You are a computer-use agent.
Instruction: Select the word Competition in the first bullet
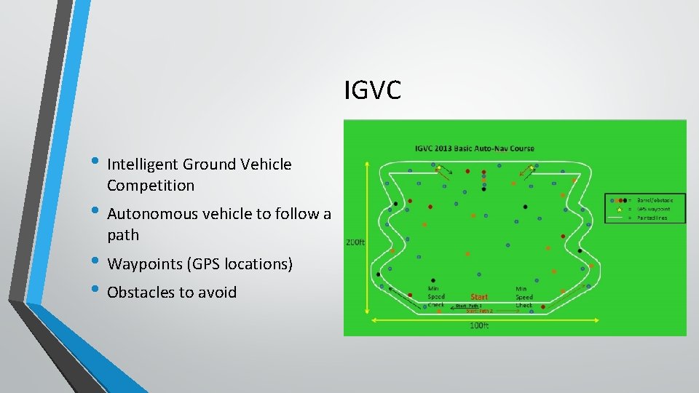(151, 186)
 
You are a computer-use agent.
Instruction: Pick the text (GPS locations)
(240, 264)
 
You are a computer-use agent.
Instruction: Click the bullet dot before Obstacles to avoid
(96, 292)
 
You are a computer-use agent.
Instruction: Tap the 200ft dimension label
(355, 242)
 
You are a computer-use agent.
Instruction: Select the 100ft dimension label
(478, 325)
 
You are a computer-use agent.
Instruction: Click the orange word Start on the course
(479, 297)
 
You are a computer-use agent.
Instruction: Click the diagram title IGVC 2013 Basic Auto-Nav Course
(474, 148)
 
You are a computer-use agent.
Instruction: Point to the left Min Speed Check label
(436, 296)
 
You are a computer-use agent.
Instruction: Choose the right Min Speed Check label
(524, 296)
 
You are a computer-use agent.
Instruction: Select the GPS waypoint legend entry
(654, 208)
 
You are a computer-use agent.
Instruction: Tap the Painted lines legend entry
(652, 217)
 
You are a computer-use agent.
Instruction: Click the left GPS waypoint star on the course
(439, 168)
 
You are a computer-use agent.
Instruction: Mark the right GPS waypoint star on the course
(532, 168)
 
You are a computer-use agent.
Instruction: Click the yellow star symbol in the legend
(618, 209)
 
